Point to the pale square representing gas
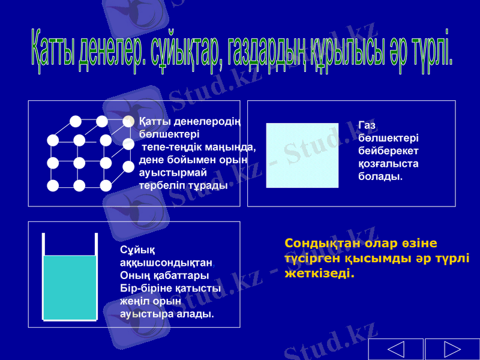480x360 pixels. click(x=302, y=155)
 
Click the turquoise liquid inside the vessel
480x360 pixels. click(x=70, y=287)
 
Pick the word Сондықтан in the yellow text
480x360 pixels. click(x=317, y=244)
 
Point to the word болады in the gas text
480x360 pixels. click(x=380, y=178)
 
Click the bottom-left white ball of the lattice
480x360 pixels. click(x=53, y=185)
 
